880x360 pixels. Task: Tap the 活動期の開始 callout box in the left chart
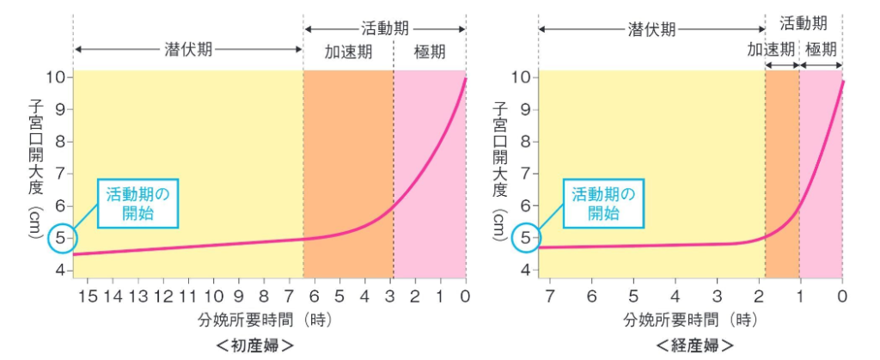click(x=137, y=204)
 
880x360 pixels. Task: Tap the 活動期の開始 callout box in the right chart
click(x=604, y=204)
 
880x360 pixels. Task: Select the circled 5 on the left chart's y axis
click(x=60, y=238)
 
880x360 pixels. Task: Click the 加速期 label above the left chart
click(x=348, y=52)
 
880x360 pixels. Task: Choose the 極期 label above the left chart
click(x=430, y=52)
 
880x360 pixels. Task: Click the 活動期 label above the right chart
click(x=804, y=23)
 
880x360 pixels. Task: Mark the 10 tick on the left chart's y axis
click(x=57, y=77)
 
